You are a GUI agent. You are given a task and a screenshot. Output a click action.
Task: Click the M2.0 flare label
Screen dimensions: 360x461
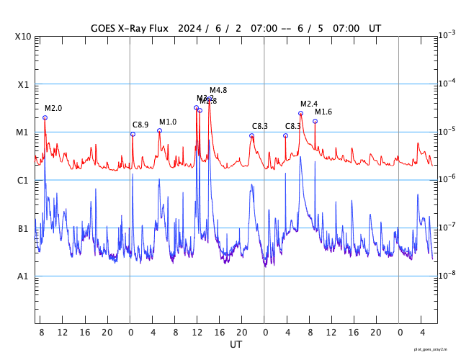point(53,109)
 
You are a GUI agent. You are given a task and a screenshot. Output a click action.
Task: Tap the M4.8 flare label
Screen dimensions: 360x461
point(218,91)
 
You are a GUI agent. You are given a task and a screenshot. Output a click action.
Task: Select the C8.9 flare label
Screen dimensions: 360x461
point(140,125)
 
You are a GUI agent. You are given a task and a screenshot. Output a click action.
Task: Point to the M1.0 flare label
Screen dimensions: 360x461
point(168,122)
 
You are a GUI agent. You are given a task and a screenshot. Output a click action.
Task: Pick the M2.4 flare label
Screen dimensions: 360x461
point(309,104)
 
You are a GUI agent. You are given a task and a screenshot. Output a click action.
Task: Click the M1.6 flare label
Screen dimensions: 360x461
point(323,112)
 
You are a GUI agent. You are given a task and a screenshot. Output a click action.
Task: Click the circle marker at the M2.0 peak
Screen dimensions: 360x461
point(45,117)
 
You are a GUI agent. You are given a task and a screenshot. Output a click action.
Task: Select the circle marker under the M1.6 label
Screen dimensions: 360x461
point(315,121)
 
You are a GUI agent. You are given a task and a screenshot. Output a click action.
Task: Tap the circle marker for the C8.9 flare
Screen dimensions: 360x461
point(133,134)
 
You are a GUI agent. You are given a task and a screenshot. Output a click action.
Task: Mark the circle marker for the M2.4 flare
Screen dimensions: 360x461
point(300,113)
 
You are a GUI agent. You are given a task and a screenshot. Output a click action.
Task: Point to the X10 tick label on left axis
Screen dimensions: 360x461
point(24,37)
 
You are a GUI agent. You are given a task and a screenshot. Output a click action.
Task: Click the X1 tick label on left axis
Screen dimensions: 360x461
point(24,85)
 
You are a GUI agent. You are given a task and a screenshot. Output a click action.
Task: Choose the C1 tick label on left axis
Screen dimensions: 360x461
point(24,181)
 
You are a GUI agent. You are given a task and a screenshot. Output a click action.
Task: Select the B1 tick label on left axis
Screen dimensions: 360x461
point(24,229)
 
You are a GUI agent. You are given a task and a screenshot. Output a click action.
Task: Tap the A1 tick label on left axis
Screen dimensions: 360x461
point(24,276)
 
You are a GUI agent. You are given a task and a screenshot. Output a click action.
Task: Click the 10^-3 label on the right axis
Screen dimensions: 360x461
point(447,35)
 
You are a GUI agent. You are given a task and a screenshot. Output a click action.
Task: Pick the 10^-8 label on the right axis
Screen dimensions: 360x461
point(447,274)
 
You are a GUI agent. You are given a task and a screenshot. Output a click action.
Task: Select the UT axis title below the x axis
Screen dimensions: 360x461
point(236,345)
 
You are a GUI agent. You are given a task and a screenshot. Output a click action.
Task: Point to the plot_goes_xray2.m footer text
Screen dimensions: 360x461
point(436,349)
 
